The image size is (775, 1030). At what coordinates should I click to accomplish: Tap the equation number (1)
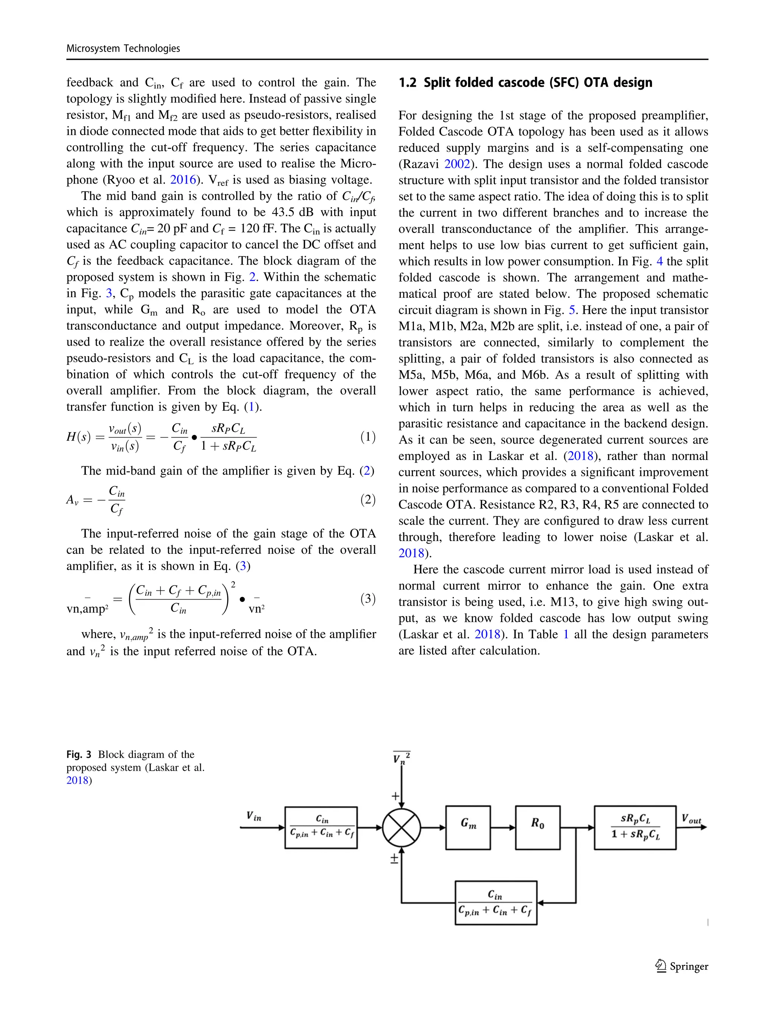point(368,437)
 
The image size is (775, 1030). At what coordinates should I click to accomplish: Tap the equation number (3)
point(368,598)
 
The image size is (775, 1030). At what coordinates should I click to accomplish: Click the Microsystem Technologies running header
point(123,48)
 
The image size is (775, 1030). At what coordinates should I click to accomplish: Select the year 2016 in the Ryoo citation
point(183,180)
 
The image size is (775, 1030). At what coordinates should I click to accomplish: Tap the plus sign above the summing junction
point(396,796)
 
